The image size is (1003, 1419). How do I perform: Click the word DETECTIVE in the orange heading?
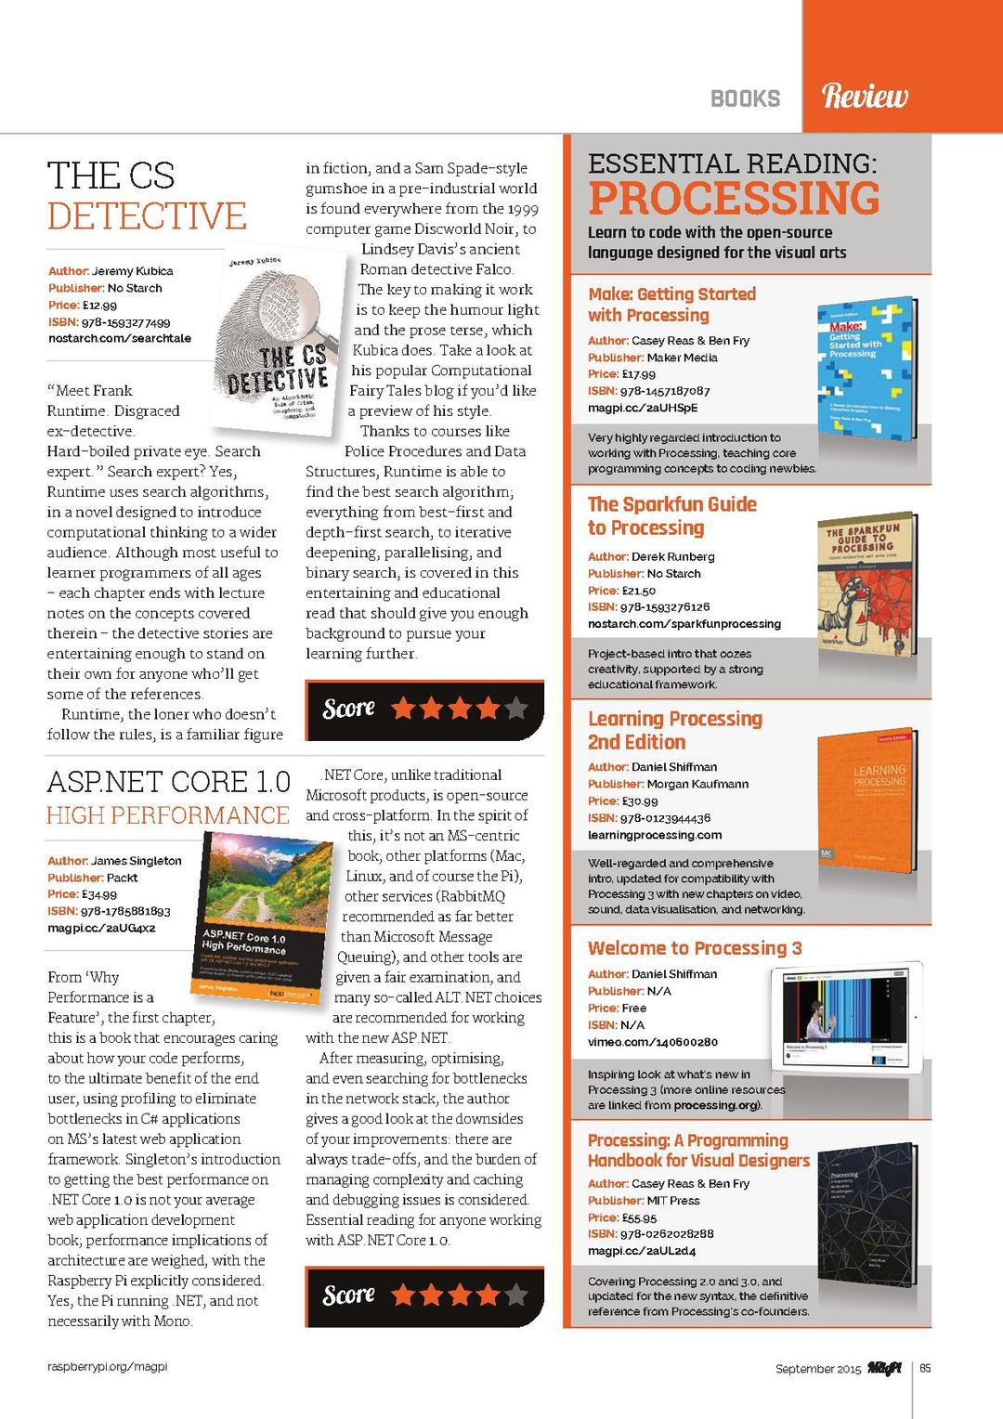147,216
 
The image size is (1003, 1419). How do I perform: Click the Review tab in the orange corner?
865,96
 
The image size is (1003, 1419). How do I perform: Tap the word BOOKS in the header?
745,98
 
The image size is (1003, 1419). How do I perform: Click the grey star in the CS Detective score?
516,709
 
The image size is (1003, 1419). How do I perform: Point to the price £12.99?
99,305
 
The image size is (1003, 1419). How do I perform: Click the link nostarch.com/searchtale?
120,338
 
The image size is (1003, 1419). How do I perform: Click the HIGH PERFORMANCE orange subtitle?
168,815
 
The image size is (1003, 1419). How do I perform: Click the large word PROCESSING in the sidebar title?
734,199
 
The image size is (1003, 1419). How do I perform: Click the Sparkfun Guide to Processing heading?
672,516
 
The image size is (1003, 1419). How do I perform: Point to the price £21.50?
639,591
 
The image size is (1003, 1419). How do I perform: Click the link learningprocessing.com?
655,835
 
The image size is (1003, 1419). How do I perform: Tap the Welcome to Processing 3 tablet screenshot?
845,1017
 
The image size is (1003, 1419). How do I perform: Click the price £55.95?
639,1217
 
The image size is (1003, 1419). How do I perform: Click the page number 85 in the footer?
925,1368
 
